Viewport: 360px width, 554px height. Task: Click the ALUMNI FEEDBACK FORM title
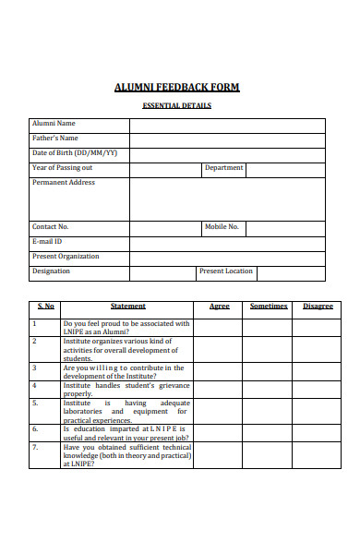coord(176,88)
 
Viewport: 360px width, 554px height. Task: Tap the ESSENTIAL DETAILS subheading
coord(176,105)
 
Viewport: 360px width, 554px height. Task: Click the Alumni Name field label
coord(54,124)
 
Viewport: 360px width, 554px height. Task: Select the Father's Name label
coord(55,138)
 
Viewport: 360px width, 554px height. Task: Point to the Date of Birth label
coord(75,153)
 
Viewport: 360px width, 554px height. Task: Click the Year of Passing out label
coord(63,168)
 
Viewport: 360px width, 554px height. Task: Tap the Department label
coord(224,168)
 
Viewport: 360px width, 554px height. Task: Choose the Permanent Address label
coord(64,183)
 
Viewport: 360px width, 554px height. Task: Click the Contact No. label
coord(51,226)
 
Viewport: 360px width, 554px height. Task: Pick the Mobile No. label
coord(222,226)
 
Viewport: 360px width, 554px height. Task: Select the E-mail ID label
coord(48,241)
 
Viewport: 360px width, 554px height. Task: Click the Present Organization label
coord(66,257)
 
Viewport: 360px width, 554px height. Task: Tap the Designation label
coord(51,271)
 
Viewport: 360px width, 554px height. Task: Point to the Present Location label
coord(226,271)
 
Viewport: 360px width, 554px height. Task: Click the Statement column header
coord(128,307)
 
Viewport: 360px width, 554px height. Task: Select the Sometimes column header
coord(269,307)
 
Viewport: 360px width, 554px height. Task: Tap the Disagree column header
coord(318,307)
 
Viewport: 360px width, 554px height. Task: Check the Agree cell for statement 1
coord(219,327)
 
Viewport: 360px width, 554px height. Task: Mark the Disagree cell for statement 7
coord(318,455)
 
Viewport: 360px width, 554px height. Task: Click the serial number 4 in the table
coord(34,385)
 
